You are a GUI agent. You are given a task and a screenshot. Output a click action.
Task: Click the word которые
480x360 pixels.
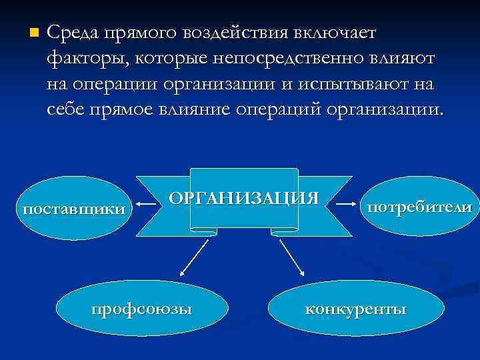click(x=175, y=58)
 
